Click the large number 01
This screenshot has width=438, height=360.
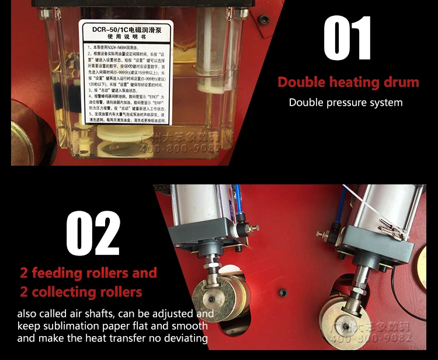pyautogui.click(x=347, y=39)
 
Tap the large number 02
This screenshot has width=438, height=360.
pyautogui.click(x=93, y=233)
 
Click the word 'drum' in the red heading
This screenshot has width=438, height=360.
pyautogui.click(x=398, y=82)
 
